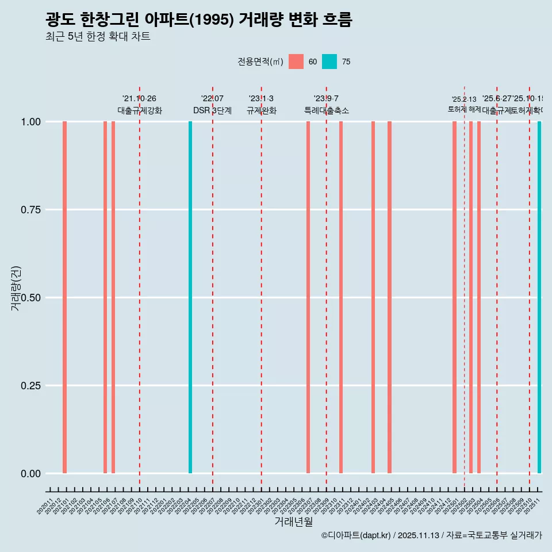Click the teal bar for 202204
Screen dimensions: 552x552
190,297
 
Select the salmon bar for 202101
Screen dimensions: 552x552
65,297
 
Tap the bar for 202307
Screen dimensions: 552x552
308,297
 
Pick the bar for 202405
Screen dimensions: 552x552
389,297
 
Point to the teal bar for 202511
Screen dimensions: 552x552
539,297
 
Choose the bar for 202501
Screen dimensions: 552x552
454,297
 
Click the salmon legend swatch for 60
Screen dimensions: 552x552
296,62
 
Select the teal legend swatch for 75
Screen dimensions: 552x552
329,62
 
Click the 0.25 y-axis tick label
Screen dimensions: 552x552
30,386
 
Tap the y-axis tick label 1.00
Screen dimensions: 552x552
30,122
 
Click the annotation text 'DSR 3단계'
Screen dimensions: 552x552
212,110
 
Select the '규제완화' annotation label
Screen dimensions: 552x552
262,110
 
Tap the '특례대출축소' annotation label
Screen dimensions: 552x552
327,110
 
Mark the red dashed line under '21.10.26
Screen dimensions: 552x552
140,287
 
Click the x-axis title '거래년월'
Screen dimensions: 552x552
293,522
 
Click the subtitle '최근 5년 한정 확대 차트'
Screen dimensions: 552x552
98,37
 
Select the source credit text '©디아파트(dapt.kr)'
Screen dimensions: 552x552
356,536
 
